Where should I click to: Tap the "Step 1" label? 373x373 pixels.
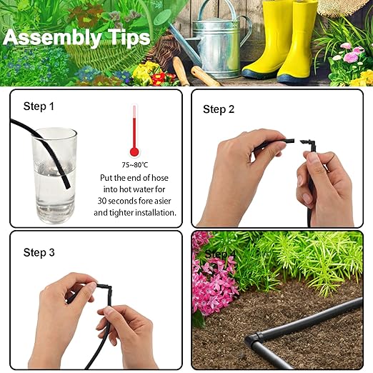[39, 106]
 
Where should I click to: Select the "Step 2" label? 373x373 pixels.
[218, 109]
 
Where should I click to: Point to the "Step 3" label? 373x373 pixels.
[39, 252]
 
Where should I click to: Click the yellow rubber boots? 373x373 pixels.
[280, 39]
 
